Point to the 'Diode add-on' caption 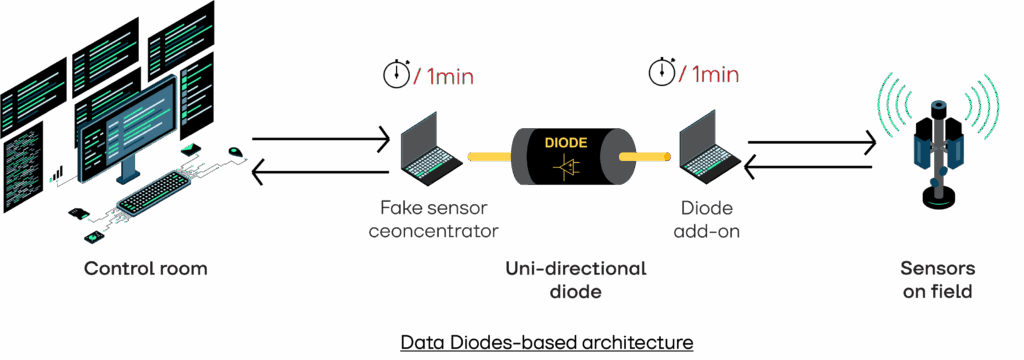(x=708, y=220)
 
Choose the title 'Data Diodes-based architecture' (x=546, y=343)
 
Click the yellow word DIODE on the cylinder (x=566, y=142)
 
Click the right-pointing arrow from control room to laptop (x=320, y=141)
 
